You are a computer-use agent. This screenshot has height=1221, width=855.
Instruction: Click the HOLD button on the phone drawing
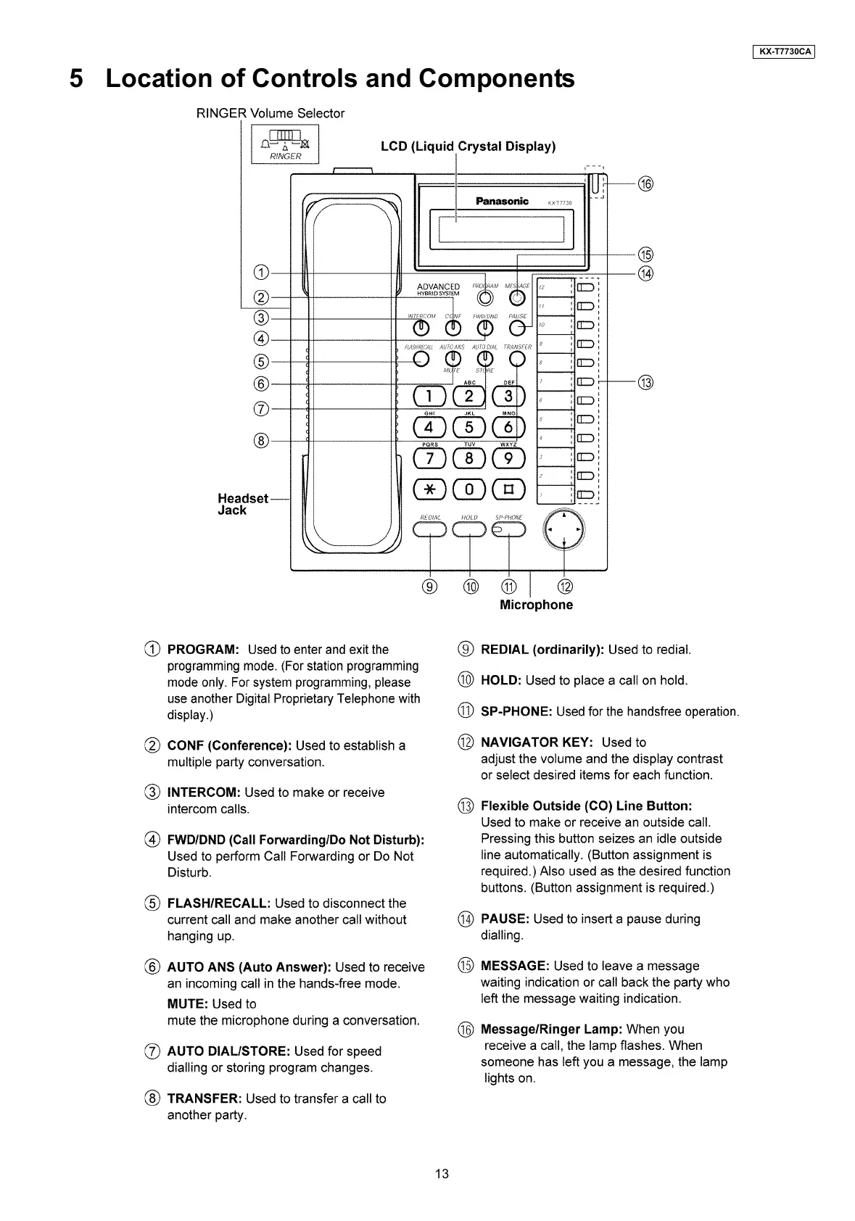(470, 531)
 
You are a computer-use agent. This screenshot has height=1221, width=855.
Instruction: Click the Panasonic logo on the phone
(502, 201)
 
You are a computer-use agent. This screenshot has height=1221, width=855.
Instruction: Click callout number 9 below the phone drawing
(431, 587)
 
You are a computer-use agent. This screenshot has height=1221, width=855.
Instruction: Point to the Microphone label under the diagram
(536, 605)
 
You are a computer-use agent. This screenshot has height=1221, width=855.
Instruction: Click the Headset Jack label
(242, 504)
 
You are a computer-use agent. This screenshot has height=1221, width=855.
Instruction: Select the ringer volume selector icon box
(284, 145)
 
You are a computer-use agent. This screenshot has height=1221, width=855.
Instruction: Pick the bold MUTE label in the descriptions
(188, 1004)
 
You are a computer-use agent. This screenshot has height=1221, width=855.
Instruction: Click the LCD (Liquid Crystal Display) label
(468, 146)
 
